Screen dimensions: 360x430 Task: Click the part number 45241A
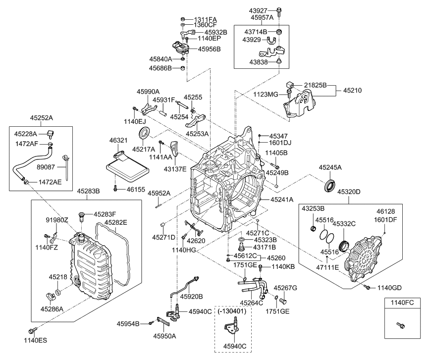(x=282, y=199)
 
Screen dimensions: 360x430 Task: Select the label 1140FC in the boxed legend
(x=400, y=302)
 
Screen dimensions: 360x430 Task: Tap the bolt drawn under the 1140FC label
(x=400, y=325)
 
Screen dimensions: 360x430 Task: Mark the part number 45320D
(x=349, y=191)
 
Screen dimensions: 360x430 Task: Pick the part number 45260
(x=276, y=258)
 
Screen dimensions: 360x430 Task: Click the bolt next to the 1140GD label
(x=367, y=287)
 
